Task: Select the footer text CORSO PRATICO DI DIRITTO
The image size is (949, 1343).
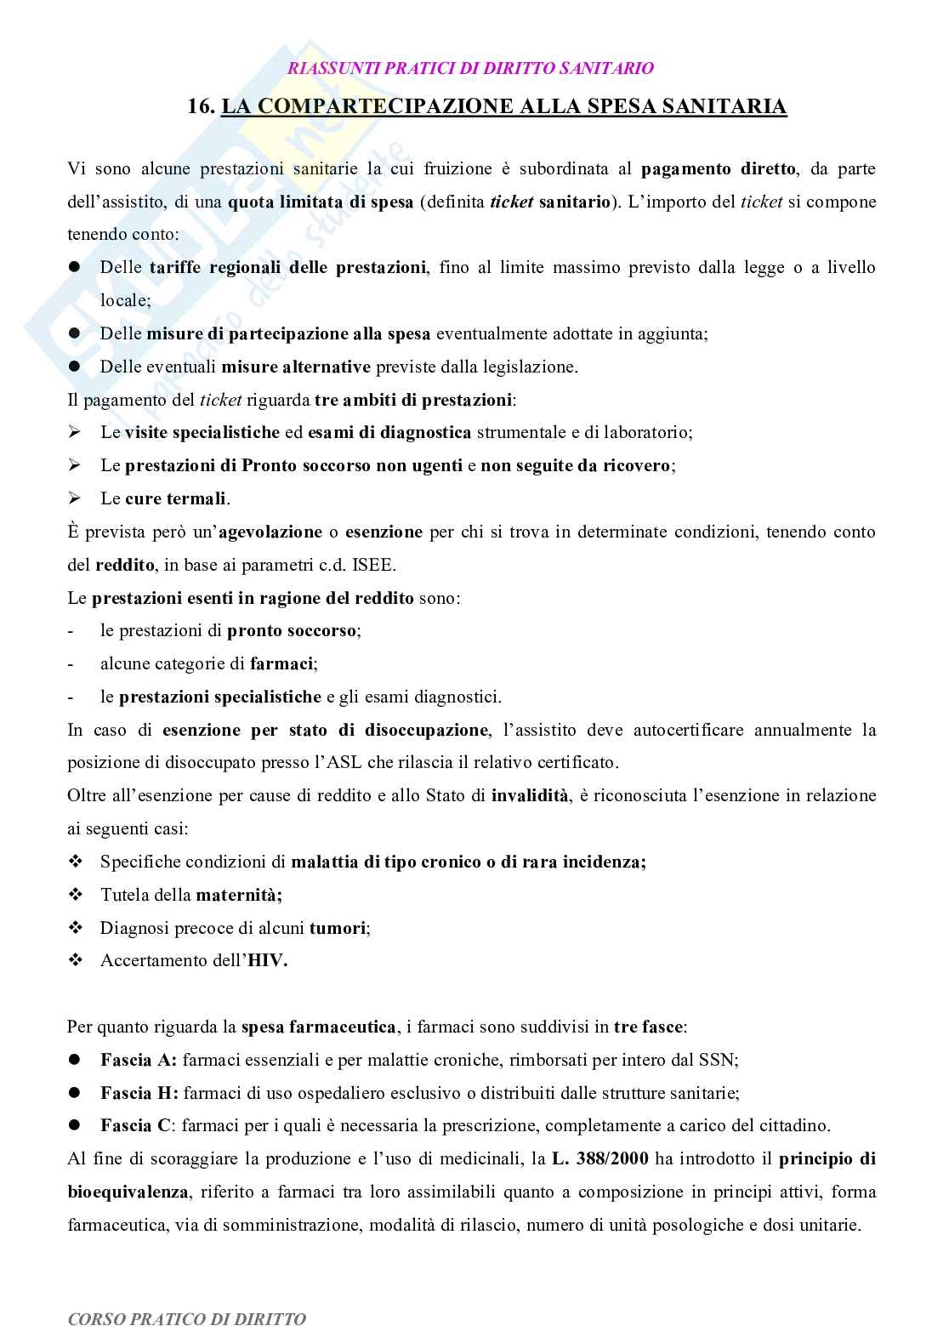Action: point(186,1319)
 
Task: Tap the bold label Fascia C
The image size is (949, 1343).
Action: point(136,1125)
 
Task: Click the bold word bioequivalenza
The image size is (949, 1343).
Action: point(128,1192)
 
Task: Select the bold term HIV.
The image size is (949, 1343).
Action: point(267,960)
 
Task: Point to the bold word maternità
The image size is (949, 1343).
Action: point(239,895)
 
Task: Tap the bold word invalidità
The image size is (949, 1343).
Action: point(530,796)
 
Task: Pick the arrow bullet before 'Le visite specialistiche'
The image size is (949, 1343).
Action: point(74,432)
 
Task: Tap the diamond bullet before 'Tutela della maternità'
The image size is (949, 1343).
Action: point(75,895)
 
